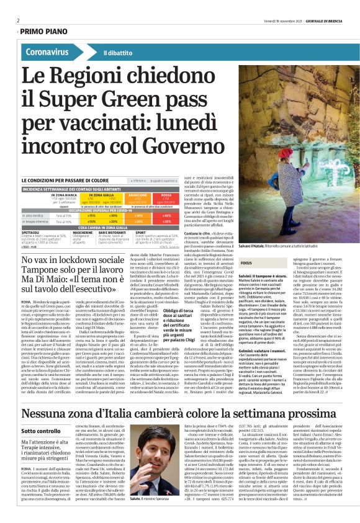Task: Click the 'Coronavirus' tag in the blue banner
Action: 47,53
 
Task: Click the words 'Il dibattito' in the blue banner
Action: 117,53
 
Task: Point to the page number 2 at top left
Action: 18,20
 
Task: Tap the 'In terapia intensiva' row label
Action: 37,221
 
